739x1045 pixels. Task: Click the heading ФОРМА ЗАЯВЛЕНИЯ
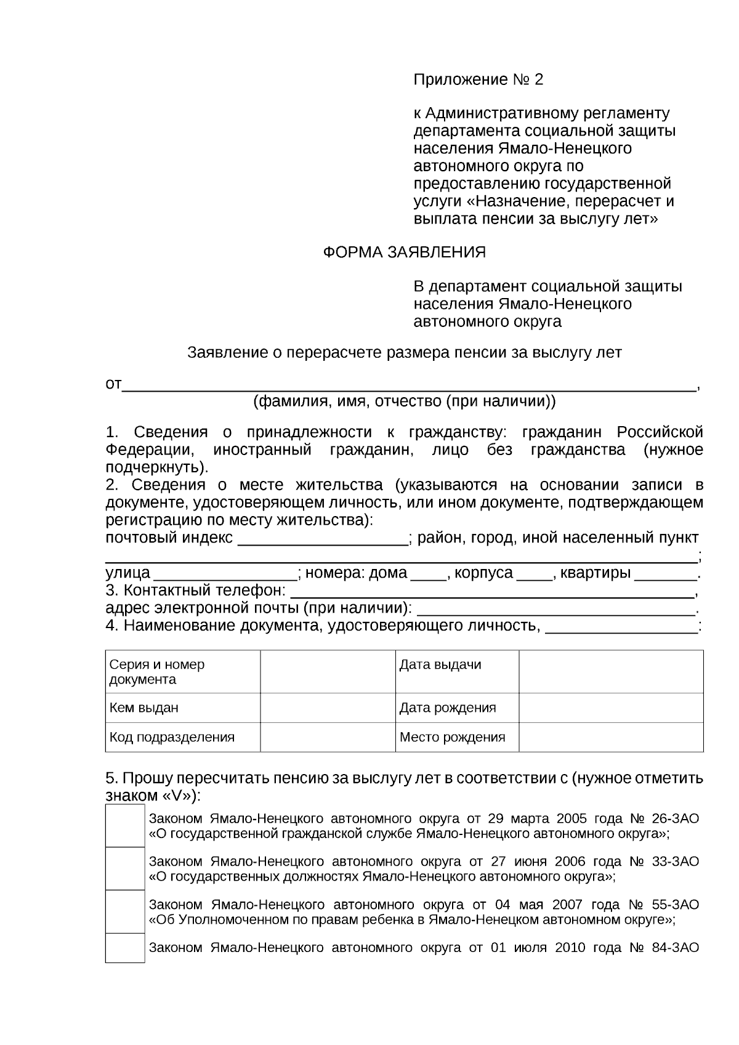pyautogui.click(x=405, y=252)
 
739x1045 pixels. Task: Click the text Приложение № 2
pyautogui.click(x=479, y=80)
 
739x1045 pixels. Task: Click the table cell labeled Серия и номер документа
pyautogui.click(x=183, y=671)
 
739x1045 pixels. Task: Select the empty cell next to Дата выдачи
pyautogui.click(x=611, y=671)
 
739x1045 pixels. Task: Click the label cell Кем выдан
pyautogui.click(x=183, y=708)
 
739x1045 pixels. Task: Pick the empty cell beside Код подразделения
pyautogui.click(x=328, y=737)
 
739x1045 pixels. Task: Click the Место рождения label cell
pyautogui.click(x=457, y=737)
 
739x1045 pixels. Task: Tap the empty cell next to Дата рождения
pyautogui.click(x=611, y=708)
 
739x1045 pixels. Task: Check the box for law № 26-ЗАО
pyautogui.click(x=125, y=826)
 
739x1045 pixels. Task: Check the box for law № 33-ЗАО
pyautogui.click(x=125, y=868)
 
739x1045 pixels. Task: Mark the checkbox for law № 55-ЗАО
pyautogui.click(x=125, y=911)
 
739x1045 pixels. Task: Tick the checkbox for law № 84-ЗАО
pyautogui.click(x=125, y=948)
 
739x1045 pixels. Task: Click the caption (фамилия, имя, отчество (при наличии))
pyautogui.click(x=405, y=402)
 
